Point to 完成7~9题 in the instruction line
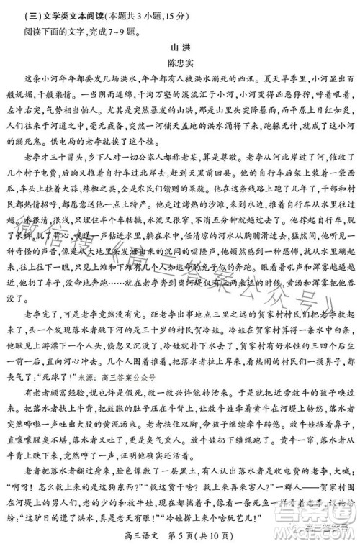(x=116, y=30)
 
